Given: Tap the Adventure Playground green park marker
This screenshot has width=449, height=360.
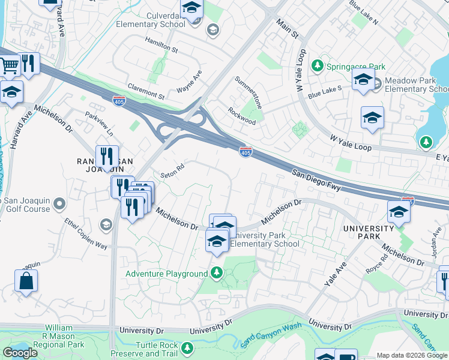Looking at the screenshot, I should point(217,274).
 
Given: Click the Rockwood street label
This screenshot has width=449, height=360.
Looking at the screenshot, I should point(242,116).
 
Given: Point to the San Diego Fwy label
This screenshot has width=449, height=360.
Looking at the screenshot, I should point(317,180).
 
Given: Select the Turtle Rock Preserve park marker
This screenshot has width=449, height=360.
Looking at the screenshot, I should point(188,348).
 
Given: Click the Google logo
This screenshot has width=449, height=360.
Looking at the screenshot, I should point(20,353).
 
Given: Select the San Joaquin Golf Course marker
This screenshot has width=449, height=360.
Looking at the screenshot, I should point(59,205).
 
